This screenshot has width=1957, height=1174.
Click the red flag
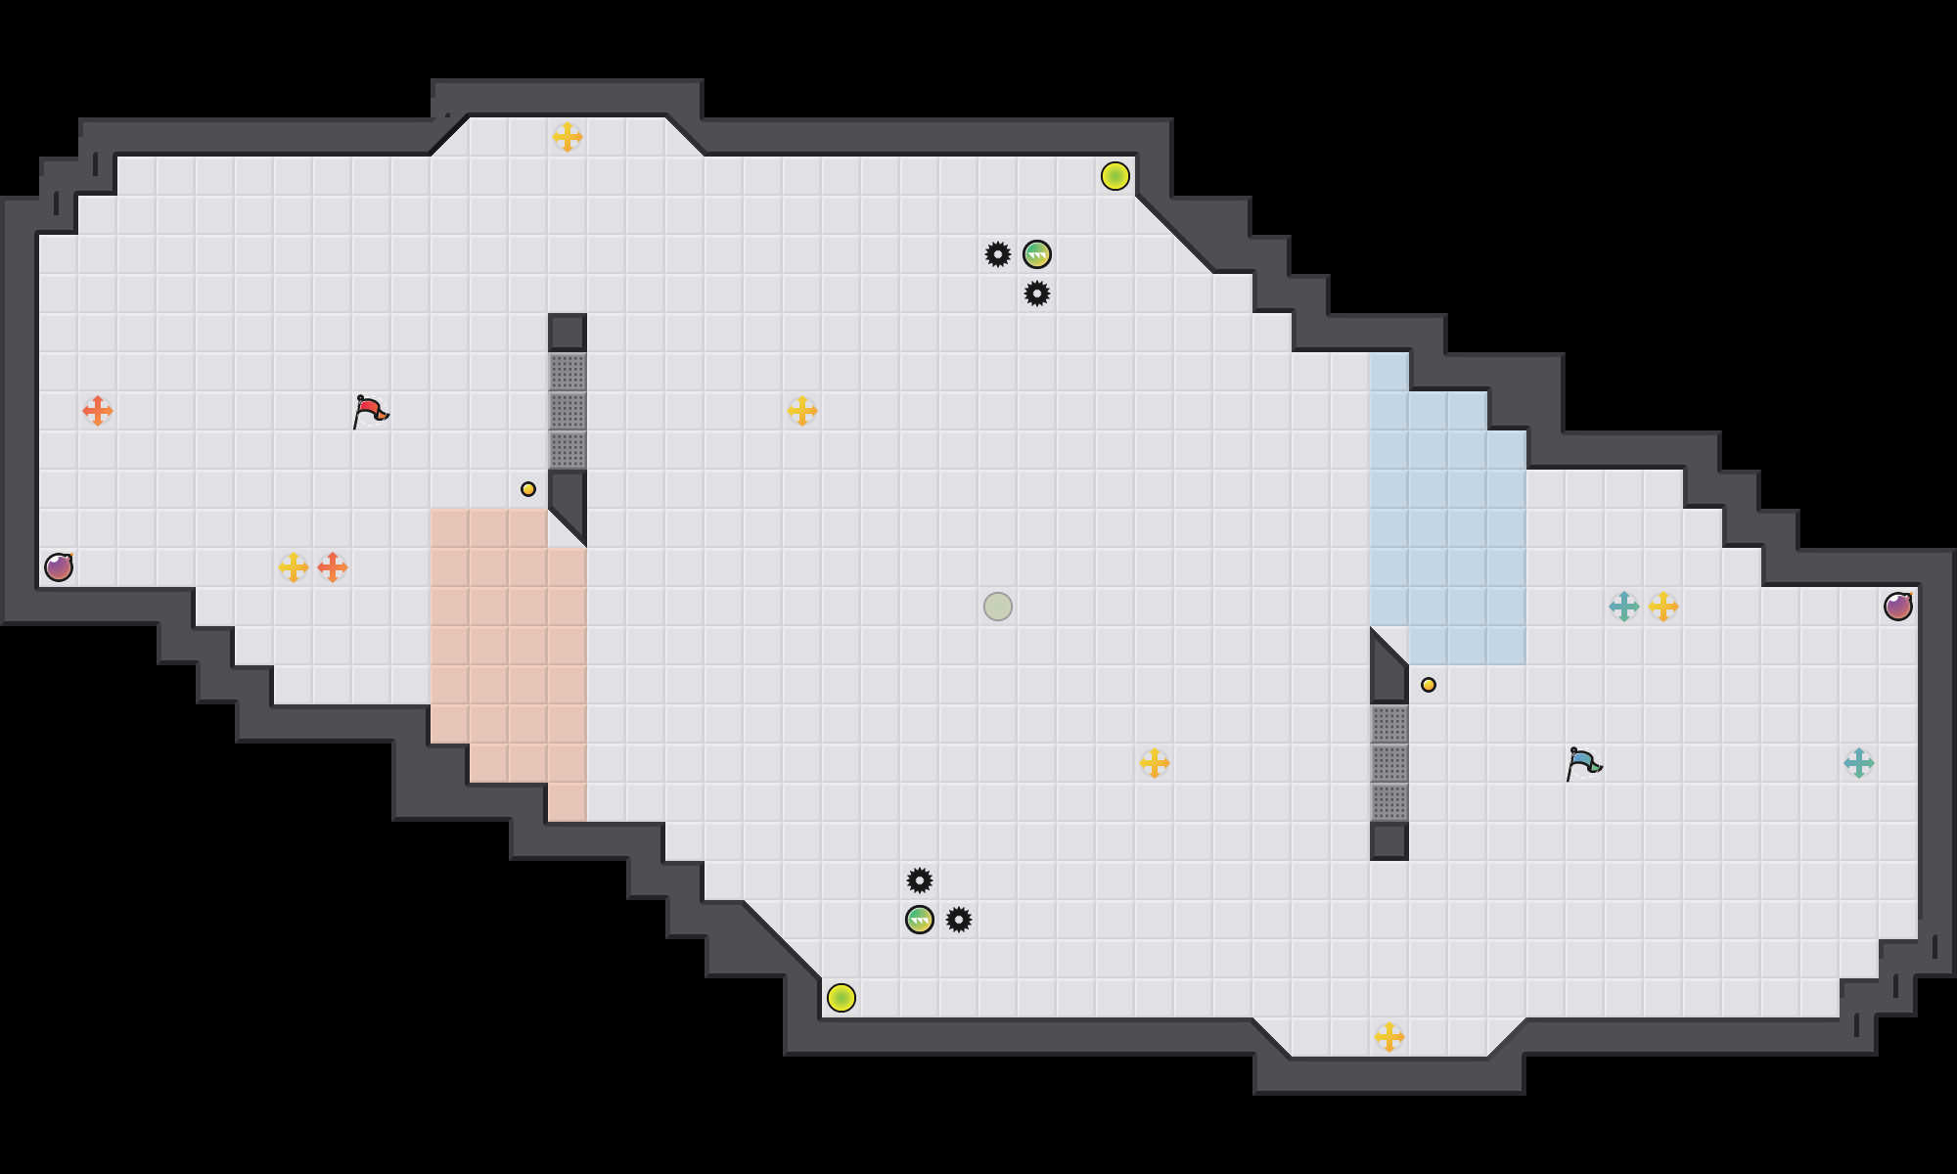coord(370,411)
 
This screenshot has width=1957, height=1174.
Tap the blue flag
coord(1583,763)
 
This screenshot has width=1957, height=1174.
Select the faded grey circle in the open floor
coord(998,607)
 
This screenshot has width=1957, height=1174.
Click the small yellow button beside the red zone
coord(528,489)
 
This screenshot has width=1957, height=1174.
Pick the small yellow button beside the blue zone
coord(1429,685)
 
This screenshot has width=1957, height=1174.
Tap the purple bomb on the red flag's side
coord(59,567)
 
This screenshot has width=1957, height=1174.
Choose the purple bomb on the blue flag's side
coord(1898,607)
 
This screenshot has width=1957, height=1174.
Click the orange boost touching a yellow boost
coord(333,567)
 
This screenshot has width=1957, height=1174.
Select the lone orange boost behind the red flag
coord(98,411)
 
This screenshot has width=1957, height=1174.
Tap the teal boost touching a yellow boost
coord(1624,607)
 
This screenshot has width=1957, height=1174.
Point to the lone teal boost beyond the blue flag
coord(1859,763)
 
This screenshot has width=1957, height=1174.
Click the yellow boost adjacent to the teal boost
coord(1663,607)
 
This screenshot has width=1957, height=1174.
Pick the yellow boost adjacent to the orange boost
coord(294,567)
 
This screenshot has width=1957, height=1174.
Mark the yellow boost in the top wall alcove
coord(568,137)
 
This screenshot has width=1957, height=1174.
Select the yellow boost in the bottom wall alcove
coord(1389,1037)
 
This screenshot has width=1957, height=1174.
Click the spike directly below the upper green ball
coord(1037,293)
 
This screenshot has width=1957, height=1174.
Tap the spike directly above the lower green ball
coord(920,880)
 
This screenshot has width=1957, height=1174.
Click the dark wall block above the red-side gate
coord(568,333)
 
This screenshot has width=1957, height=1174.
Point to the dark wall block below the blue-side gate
coord(1389,841)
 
